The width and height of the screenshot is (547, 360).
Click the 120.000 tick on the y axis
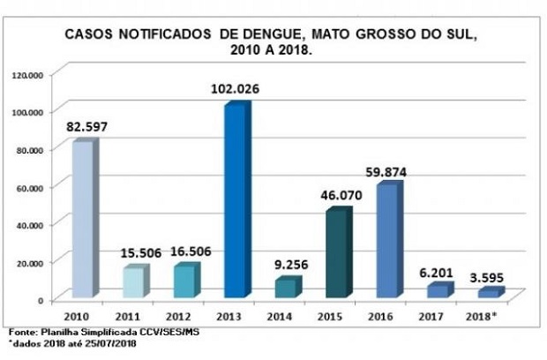point(26,75)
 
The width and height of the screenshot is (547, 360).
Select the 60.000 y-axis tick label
point(28,187)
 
